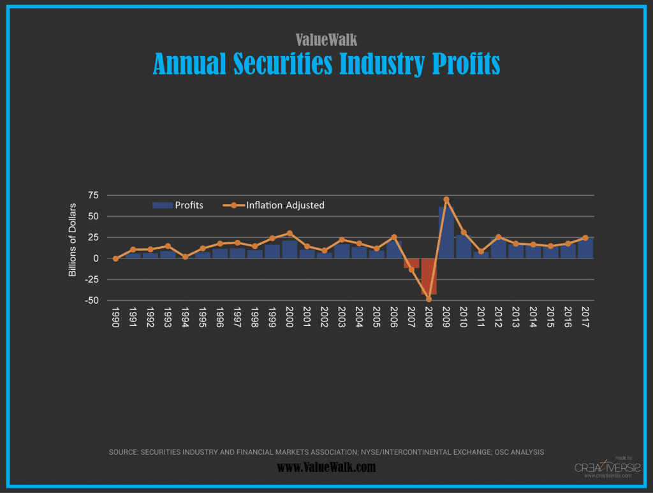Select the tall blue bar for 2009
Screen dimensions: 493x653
click(x=446, y=232)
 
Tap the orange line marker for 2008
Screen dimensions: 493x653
click(x=429, y=298)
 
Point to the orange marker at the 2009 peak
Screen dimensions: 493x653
click(x=446, y=200)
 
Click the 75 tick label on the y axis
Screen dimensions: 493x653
click(x=94, y=195)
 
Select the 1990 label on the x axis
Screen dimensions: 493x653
click(x=115, y=316)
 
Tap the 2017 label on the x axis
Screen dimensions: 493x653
click(x=585, y=316)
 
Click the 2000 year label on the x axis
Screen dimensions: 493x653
click(x=290, y=316)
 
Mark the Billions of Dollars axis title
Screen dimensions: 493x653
click(x=73, y=240)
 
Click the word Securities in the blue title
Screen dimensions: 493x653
click(x=283, y=64)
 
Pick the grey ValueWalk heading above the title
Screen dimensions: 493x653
click(x=326, y=40)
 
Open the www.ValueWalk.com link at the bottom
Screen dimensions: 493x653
click(x=326, y=467)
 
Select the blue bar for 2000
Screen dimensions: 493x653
click(x=290, y=249)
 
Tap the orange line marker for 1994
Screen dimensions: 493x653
click(x=185, y=257)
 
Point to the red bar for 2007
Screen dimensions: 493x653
click(x=411, y=263)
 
